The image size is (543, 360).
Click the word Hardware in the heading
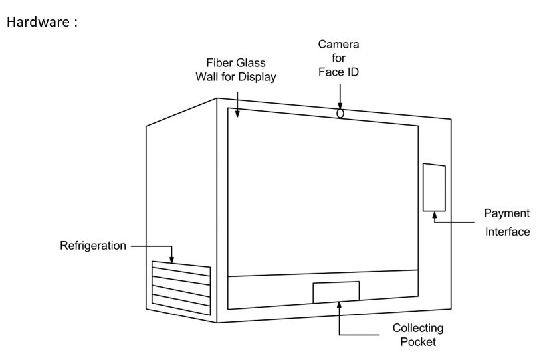[34, 22]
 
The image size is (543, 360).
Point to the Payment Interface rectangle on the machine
[435, 187]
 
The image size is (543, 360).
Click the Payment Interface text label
[506, 223]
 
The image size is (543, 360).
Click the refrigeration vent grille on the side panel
[181, 286]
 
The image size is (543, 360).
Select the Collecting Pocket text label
[417, 335]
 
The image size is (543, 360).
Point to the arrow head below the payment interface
[435, 214]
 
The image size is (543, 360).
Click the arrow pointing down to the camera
[340, 101]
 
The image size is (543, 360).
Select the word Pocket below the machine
[417, 343]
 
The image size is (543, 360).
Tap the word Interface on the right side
[506, 232]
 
